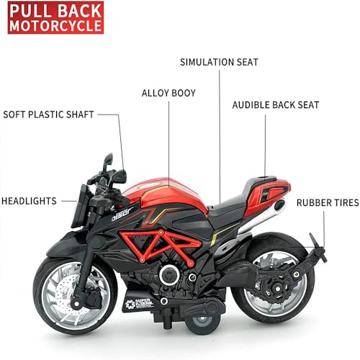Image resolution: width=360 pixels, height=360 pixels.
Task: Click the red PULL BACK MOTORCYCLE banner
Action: click(55, 17)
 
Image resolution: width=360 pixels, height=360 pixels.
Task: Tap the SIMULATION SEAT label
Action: click(219, 62)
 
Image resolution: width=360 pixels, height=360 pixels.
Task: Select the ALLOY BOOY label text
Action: click(168, 93)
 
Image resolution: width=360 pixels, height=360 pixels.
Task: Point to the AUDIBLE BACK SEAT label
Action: click(276, 105)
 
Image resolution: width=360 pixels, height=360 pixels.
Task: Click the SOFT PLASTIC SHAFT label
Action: click(48, 114)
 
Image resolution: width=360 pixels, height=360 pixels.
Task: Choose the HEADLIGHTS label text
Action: click(29, 201)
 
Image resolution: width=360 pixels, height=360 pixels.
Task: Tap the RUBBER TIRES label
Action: click(328, 203)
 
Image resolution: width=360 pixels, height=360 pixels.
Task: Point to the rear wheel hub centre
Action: click(278, 289)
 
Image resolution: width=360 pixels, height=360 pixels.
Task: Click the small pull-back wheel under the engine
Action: click(202, 323)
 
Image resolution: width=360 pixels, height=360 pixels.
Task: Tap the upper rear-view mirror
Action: click(108, 160)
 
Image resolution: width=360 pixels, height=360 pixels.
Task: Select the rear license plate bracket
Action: click(318, 248)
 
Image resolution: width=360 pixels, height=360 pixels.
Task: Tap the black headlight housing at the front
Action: click(81, 207)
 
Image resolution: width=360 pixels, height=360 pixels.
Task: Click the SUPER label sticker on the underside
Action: click(139, 304)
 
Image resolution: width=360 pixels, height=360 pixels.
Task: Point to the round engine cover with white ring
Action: click(169, 275)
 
